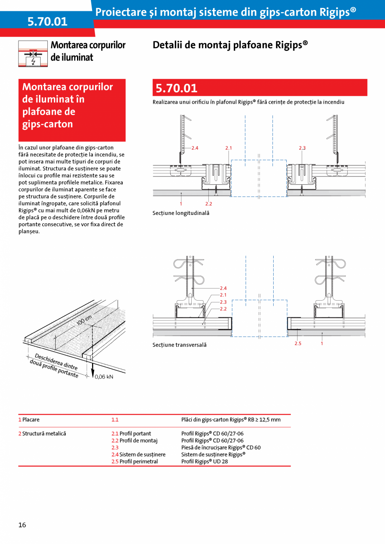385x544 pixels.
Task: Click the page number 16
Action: click(22, 525)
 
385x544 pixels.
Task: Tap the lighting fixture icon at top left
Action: click(33, 54)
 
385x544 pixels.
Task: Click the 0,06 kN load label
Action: click(104, 376)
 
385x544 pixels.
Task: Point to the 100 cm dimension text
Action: click(84, 320)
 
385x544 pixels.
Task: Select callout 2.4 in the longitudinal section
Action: click(195, 148)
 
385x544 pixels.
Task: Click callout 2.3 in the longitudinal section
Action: click(302, 148)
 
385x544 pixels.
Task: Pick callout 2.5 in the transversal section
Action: click(298, 343)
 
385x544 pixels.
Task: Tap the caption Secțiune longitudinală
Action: click(181, 213)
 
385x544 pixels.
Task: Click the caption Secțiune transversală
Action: click(180, 345)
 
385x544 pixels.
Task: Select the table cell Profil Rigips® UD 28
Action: click(204, 462)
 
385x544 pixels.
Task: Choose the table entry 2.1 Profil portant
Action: click(131, 434)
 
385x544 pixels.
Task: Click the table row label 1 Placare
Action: click(29, 419)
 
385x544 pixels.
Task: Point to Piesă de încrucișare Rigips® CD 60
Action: click(221, 447)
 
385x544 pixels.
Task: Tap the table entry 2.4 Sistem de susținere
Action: click(138, 455)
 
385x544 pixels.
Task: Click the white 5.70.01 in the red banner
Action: click(177, 88)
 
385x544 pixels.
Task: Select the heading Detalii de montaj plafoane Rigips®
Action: click(230, 45)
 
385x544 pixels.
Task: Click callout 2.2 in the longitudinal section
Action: click(208, 204)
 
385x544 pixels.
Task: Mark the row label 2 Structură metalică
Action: click(42, 434)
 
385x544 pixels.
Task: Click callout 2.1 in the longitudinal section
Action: click(228, 148)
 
